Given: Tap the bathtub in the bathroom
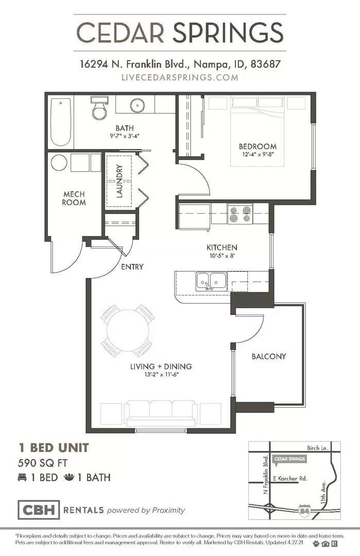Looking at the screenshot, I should pos(61,123).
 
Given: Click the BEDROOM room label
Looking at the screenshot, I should pos(258,146).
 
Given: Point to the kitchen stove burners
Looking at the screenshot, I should pos(241,214).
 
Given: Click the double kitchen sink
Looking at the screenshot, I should pos(210,281).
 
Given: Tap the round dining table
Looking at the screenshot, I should pos(128,330).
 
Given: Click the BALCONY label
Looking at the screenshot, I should pos(268,356).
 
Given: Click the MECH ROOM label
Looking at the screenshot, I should pos(74,198).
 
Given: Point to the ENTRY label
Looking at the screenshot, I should pos(132,267).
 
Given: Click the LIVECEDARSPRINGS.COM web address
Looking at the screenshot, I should pos(180,77).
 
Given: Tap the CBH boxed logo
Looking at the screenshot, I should pos(39,510).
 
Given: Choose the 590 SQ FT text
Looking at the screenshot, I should pos(44,462).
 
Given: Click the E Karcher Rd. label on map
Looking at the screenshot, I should pos(289,478).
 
